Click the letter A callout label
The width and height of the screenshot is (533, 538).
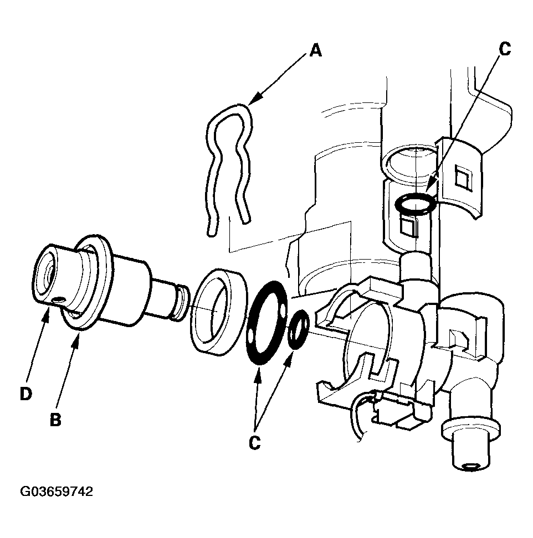point(315,51)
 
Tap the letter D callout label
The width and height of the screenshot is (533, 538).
point(25,394)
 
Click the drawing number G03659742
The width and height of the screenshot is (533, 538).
point(56,492)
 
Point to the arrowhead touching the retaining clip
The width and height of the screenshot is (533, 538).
point(250,102)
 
